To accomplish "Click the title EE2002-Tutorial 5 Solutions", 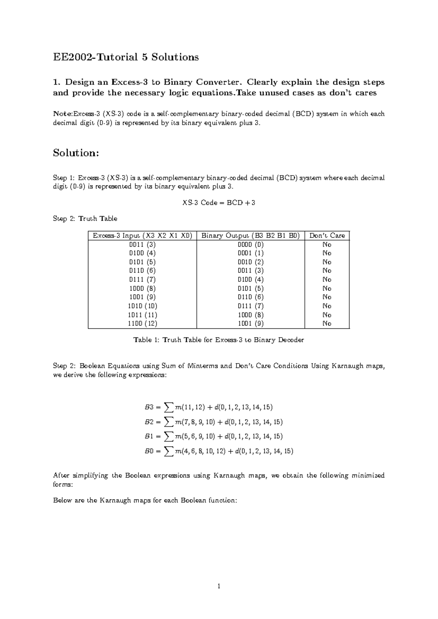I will point(126,57).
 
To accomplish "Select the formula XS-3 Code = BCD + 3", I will point(219,203).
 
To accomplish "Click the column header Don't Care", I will point(327,236).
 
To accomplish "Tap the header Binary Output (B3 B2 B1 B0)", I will point(250,236).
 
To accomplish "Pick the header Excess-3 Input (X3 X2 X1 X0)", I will point(142,236).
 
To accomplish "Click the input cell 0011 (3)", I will point(142,245).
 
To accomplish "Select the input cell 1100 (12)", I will point(142,323).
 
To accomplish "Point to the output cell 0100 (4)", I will point(250,280).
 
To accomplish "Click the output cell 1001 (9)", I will point(250,323).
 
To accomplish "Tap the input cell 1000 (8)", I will point(142,288).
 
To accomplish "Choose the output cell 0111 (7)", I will point(250,306).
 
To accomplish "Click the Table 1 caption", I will point(219,340).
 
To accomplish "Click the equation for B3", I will point(208,407).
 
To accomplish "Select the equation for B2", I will point(214,422).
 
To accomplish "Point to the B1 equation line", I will point(214,436).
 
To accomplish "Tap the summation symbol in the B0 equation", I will point(168,451).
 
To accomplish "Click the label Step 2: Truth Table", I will point(85,219).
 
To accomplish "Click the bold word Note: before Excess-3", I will point(63,114).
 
